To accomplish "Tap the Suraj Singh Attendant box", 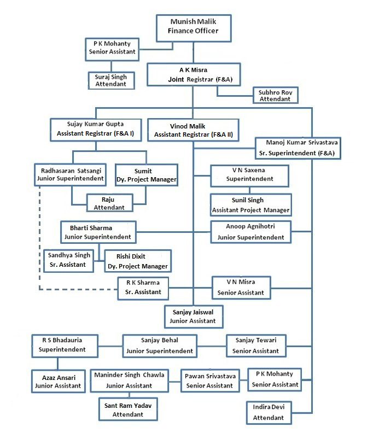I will tap(111, 80).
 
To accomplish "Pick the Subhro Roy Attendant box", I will tap(276, 96).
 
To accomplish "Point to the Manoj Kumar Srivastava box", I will tap(299, 148).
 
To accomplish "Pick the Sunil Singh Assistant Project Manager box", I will tap(250, 205).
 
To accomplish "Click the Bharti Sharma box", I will tap(97, 232).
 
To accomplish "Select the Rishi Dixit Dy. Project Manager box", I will tap(138, 261).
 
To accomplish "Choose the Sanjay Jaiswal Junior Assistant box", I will tap(194, 316).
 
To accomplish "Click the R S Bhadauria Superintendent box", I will tap(65, 344).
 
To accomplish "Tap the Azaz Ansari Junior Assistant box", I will tap(58, 381).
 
